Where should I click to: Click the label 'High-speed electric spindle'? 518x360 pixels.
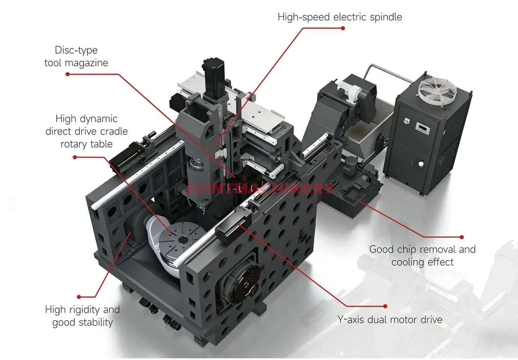[x=339, y=17]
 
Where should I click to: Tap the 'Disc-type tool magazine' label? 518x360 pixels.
[x=76, y=56]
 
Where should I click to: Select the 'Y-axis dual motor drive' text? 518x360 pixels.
[x=390, y=320]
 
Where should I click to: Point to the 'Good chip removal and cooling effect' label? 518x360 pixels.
[x=423, y=256]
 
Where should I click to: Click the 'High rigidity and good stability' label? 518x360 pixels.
[x=83, y=316]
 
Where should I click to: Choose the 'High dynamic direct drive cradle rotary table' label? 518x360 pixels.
[x=87, y=131]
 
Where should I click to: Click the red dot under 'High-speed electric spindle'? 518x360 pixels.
[x=343, y=28]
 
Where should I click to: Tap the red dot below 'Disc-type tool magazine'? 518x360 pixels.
[x=68, y=74]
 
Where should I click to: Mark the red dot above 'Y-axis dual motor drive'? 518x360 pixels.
[x=385, y=306]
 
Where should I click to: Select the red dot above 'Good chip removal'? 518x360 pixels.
[x=462, y=237]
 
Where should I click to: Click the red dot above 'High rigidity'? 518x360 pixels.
[x=79, y=297]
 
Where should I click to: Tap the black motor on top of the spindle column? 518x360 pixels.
[x=214, y=78]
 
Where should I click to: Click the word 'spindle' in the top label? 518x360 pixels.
[x=385, y=17]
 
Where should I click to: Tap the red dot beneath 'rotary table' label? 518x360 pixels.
[x=75, y=157]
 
